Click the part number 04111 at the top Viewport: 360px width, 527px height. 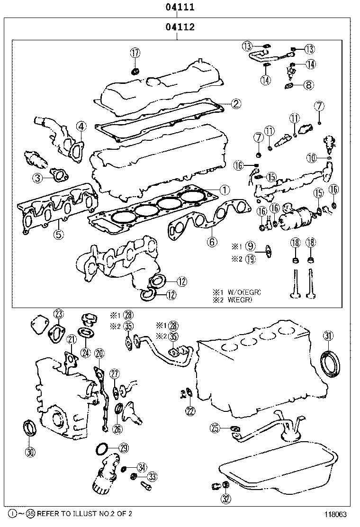180,8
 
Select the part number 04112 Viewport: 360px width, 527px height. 180,27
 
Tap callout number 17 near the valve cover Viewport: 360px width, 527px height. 135,53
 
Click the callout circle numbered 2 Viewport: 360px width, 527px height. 235,103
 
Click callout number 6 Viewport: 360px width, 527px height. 212,242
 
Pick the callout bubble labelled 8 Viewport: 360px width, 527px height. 308,85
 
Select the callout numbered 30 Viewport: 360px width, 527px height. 30,452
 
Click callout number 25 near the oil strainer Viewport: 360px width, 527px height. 215,428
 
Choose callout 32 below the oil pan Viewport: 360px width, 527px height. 226,499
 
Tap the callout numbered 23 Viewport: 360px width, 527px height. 58,314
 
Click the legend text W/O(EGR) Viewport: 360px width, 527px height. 244,291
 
